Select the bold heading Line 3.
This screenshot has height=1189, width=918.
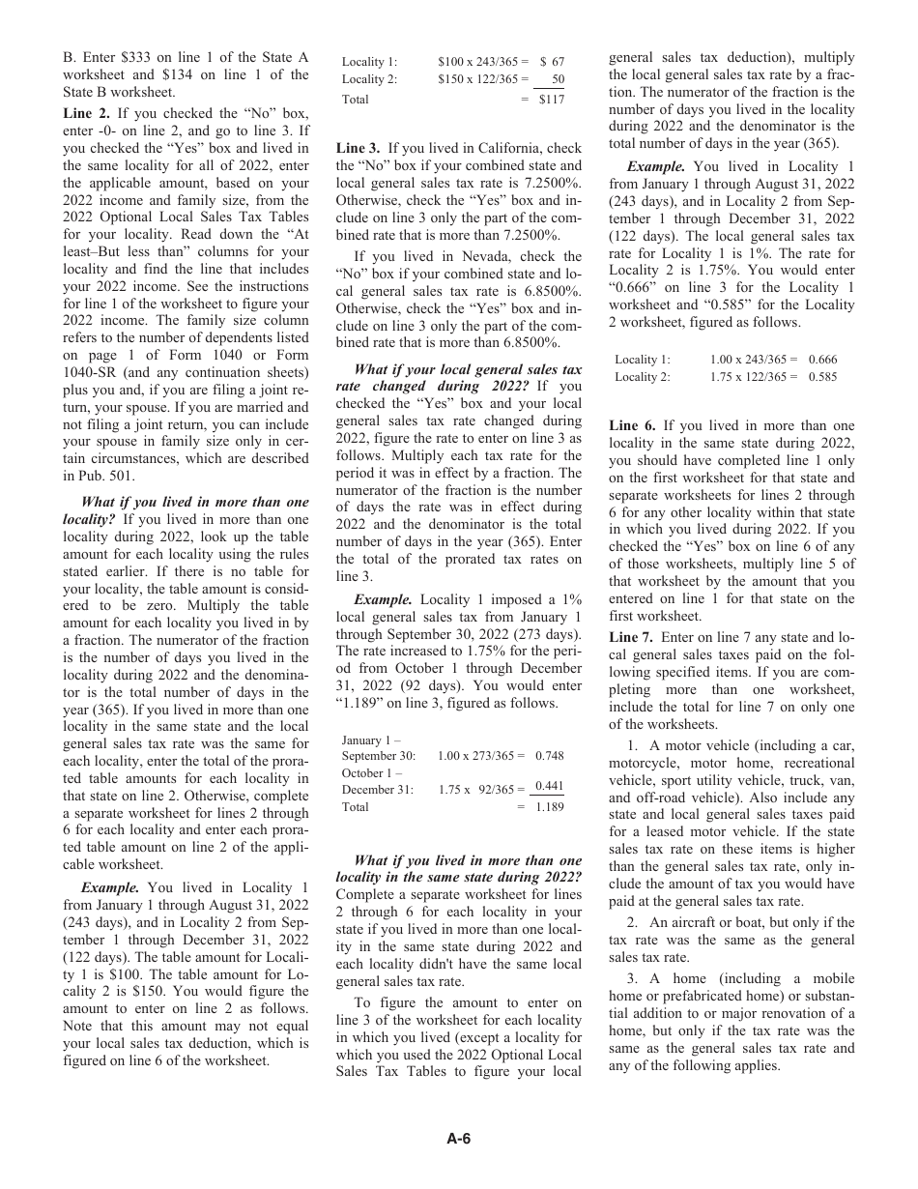358,148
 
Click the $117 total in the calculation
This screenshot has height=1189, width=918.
552,99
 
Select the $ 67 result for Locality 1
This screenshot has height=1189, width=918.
552,62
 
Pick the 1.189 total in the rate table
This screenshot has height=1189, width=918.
550,807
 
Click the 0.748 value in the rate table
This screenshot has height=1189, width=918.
550,756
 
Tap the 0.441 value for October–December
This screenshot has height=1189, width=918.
550,789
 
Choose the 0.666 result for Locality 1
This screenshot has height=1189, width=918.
823,360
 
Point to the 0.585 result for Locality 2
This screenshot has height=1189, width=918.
823,377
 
